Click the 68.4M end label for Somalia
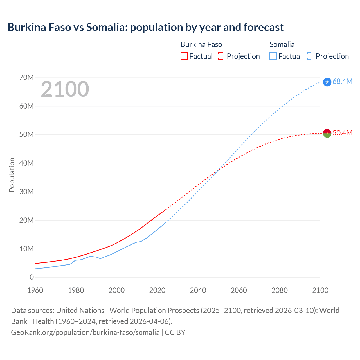tap(342, 82)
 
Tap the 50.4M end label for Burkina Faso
tap(342, 133)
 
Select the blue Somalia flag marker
tap(327, 82)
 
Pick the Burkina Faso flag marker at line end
tap(327, 133)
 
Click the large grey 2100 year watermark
tap(65, 89)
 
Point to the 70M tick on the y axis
tap(26, 78)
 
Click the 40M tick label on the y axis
tap(26, 163)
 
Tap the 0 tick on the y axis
tap(31, 277)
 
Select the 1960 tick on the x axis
tap(35, 290)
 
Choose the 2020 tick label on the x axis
tap(157, 290)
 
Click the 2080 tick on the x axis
tap(280, 290)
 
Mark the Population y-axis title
tap(12, 175)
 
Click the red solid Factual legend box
tap(184, 56)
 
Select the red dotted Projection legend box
tap(222, 56)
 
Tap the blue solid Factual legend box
tap(273, 56)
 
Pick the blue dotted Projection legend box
tap(311, 56)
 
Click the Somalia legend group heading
tap(282, 44)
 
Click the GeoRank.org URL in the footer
tap(85, 332)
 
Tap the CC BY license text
tap(175, 332)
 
